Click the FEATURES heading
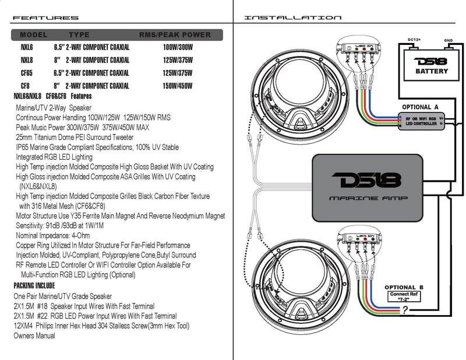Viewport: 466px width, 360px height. (x=45, y=18)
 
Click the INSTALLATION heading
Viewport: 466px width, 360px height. (x=293, y=18)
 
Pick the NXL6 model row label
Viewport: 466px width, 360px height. (x=27, y=47)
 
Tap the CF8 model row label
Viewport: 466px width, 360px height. (x=25, y=86)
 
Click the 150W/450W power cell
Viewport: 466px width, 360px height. (x=178, y=86)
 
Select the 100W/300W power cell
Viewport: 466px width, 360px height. (x=178, y=47)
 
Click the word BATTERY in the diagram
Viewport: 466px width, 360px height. (x=432, y=71)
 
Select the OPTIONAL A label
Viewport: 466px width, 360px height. (x=421, y=107)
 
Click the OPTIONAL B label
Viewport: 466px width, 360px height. (x=408, y=287)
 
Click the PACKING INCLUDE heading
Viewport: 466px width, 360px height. (x=34, y=286)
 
